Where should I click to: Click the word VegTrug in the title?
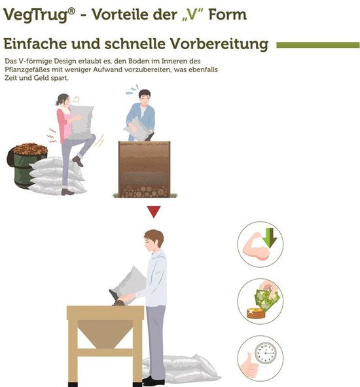(36, 15)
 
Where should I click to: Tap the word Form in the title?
(228, 14)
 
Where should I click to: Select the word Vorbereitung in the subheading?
(220, 44)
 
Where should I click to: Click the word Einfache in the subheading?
(35, 44)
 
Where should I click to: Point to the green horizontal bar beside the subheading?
(318, 45)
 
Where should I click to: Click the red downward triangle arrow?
(154, 212)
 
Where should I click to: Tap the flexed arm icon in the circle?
(256, 247)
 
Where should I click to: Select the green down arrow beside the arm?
(270, 238)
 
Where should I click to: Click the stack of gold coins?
(256, 313)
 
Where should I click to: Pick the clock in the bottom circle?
(266, 353)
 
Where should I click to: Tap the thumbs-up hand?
(249, 366)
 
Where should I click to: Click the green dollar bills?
(267, 299)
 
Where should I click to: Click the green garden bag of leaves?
(27, 164)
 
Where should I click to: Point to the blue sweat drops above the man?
(132, 90)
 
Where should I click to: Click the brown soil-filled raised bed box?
(145, 169)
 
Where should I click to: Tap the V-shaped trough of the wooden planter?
(105, 333)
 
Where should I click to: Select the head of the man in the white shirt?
(154, 240)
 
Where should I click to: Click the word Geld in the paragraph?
(40, 78)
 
